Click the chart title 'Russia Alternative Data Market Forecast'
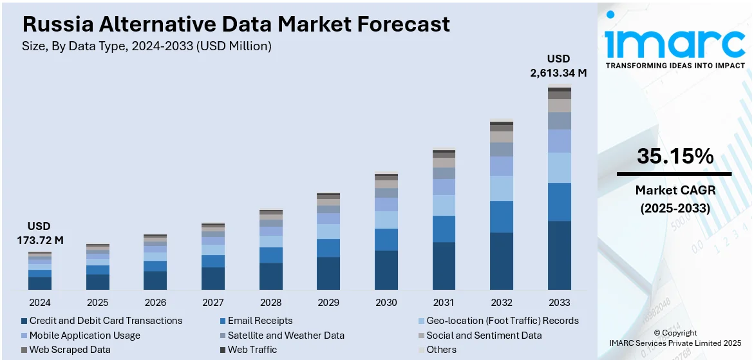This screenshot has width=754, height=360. [x=236, y=24]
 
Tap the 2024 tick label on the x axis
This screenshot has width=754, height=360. [x=39, y=302]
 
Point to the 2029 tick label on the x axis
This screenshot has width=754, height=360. [x=328, y=302]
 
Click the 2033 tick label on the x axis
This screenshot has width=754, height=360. [x=560, y=302]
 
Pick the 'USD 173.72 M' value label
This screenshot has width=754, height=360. [x=39, y=233]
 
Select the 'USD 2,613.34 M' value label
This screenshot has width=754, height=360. [x=558, y=66]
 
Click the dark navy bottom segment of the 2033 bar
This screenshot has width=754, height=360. [x=560, y=255]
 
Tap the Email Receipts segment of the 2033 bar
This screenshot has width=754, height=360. [x=560, y=202]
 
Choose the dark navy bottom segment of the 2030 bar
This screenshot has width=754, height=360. [x=386, y=270]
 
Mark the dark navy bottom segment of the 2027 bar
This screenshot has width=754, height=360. [x=213, y=278]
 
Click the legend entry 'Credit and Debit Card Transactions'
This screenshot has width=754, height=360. [x=106, y=321]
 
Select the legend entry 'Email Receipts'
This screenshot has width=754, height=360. [x=259, y=321]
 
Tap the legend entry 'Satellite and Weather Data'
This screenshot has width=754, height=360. [x=285, y=336]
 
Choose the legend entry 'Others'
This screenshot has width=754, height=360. [x=441, y=350]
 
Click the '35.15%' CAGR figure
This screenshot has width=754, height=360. [x=675, y=156]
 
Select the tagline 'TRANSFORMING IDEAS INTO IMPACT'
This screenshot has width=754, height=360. [x=675, y=66]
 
